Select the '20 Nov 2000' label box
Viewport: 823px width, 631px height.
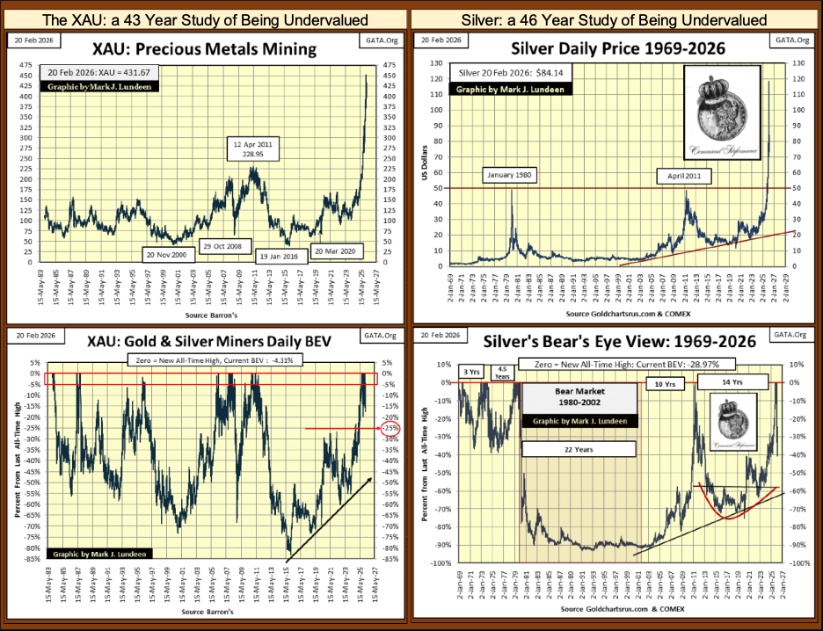pyautogui.click(x=167, y=254)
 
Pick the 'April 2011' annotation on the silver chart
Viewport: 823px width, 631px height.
pyautogui.click(x=683, y=176)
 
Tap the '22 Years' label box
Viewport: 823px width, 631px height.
pyautogui.click(x=579, y=448)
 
